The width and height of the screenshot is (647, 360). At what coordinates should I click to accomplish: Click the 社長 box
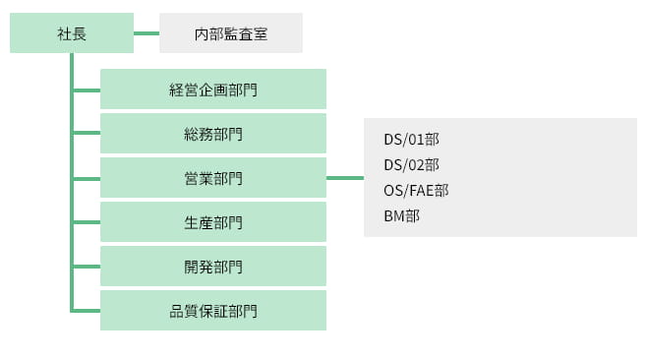[x=72, y=33]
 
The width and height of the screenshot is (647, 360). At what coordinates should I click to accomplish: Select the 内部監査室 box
[x=230, y=33]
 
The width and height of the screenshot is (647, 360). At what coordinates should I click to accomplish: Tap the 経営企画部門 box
[x=213, y=90]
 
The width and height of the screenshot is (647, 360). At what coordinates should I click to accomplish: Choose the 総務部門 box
[x=213, y=134]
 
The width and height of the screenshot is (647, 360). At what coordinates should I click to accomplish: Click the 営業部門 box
[x=213, y=178]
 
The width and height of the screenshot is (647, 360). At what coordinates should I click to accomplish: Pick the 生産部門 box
[x=213, y=222]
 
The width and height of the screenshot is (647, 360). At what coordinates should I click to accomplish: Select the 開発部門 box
[x=213, y=267]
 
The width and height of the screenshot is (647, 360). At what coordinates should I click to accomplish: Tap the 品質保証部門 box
[x=213, y=311]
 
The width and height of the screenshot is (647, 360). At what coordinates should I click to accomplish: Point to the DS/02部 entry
[x=411, y=164]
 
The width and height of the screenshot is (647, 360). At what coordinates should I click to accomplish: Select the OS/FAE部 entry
[x=416, y=190]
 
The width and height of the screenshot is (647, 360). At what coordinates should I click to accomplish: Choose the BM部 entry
[x=401, y=215]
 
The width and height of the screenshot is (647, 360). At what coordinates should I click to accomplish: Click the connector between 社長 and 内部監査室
[x=147, y=33]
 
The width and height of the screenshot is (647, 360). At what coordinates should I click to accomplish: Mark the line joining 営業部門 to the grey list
[x=344, y=178]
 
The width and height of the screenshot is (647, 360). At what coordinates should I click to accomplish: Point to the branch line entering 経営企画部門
[x=87, y=90]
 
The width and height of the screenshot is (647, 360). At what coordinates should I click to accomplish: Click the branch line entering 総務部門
[x=87, y=134]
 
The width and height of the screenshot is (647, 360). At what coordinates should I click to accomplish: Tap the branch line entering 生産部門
[x=87, y=222]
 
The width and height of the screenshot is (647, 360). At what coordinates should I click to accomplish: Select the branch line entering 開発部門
[x=87, y=267]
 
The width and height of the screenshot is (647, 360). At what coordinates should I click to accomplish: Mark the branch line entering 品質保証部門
[x=87, y=311]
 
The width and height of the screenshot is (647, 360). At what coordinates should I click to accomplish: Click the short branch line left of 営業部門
[x=87, y=178]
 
